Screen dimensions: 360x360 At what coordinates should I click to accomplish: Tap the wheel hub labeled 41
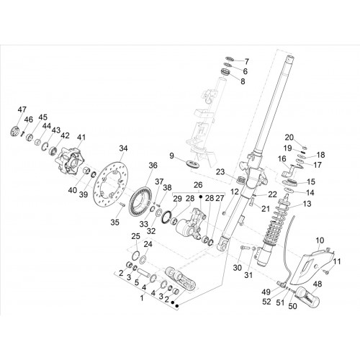[70, 161]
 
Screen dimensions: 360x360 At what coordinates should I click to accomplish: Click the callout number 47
[22, 109]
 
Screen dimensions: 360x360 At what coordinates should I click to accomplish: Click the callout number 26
[198, 185]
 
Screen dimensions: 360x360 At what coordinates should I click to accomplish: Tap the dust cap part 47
[15, 131]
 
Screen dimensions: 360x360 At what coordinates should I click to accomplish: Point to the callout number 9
[171, 156]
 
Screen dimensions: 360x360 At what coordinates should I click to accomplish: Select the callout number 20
[289, 138]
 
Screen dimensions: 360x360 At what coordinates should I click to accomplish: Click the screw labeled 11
[325, 272]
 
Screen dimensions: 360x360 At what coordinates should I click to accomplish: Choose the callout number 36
[153, 166]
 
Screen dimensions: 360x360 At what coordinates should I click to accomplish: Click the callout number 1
[142, 298]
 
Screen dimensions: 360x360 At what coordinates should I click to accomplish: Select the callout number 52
[266, 302]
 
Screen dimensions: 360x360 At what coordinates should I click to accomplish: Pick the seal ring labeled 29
[167, 217]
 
